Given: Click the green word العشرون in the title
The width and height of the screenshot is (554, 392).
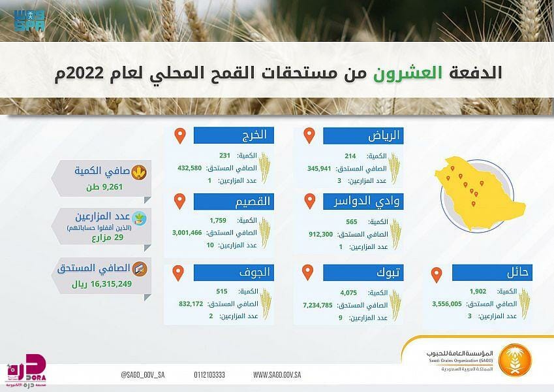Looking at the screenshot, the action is click(408, 73).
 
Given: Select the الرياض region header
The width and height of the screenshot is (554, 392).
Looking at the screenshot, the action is click(363, 136).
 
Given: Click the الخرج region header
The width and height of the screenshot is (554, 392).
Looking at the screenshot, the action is click(234, 135).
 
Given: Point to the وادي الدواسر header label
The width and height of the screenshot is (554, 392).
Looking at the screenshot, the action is click(363, 202).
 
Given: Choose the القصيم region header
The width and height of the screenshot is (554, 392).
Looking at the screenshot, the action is click(234, 202).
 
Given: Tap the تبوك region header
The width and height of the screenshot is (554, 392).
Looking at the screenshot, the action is click(363, 273).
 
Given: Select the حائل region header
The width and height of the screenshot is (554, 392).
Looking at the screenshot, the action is click(492, 273).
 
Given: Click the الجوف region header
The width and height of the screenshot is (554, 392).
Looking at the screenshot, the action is click(234, 273).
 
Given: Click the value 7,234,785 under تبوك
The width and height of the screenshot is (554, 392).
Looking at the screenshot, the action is click(318, 305).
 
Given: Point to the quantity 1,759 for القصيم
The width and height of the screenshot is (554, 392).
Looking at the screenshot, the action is click(218, 220).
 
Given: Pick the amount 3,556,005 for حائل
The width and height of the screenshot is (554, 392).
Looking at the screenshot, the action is click(447, 304).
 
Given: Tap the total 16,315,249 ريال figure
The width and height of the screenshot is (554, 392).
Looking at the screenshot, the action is click(102, 284).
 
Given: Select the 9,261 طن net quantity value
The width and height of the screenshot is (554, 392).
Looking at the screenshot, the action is click(104, 187).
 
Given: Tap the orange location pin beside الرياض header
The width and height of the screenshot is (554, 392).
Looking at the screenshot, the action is click(309, 135).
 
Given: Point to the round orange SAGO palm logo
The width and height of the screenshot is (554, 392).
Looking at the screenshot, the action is click(514, 360).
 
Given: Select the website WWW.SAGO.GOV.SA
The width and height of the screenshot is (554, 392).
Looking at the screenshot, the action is click(277, 374).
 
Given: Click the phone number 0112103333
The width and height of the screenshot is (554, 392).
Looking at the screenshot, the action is click(209, 374).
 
